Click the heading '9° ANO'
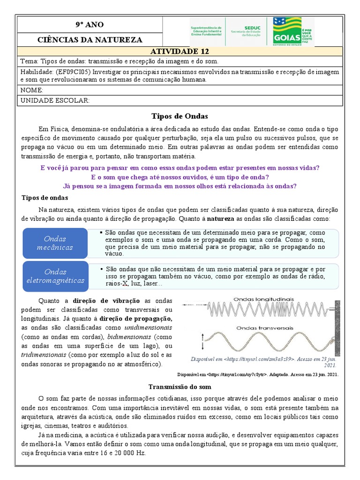point(90,24)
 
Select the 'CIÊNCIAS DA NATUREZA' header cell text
point(90,39)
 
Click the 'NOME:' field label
point(32,90)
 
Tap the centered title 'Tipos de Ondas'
point(180,116)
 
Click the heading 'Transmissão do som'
point(180,387)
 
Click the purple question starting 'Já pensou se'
point(180,186)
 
